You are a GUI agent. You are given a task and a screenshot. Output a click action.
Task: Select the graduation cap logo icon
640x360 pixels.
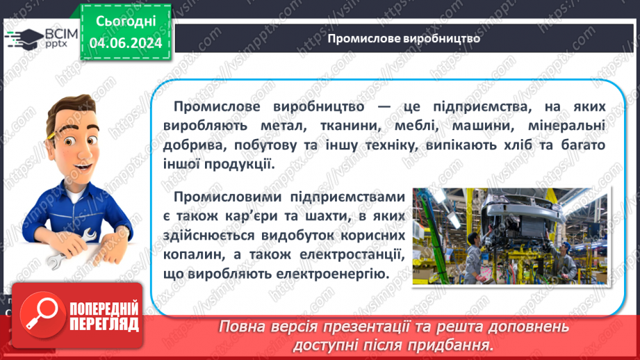(x=22, y=37)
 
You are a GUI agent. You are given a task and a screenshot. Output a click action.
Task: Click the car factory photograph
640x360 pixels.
(x=509, y=236)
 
